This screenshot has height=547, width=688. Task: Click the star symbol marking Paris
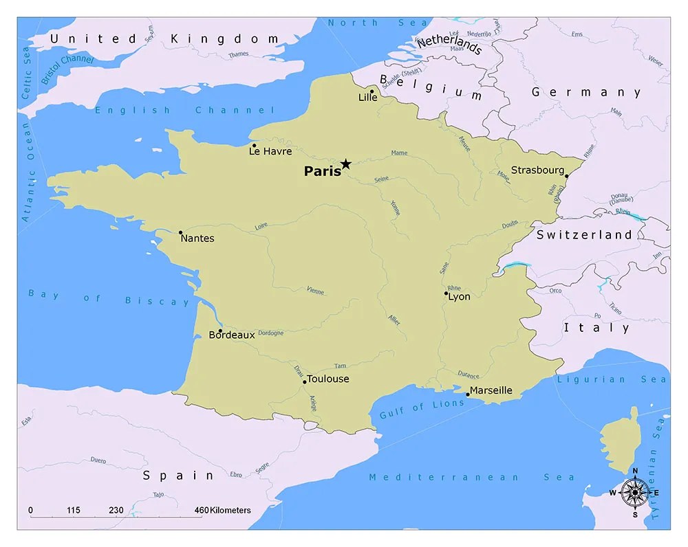(x=346, y=164)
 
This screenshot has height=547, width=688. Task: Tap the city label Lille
(x=368, y=98)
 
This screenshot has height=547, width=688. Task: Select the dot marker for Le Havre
(x=254, y=146)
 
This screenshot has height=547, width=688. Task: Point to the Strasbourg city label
(x=537, y=170)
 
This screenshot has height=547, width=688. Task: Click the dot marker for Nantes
(x=180, y=232)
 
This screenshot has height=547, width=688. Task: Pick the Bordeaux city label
(x=232, y=335)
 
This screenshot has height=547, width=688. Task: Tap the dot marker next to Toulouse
(x=305, y=381)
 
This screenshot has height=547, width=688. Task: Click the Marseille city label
(x=491, y=390)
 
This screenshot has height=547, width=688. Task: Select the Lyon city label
(x=459, y=297)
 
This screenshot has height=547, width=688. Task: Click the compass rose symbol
(x=634, y=492)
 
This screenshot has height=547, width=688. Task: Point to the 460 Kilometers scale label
(x=222, y=511)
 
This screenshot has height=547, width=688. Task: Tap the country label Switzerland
(x=584, y=235)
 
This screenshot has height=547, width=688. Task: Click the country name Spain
(x=178, y=475)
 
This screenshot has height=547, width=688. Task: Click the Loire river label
(x=261, y=225)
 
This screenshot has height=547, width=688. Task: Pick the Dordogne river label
(x=270, y=333)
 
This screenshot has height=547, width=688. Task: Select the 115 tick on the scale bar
(x=74, y=511)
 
